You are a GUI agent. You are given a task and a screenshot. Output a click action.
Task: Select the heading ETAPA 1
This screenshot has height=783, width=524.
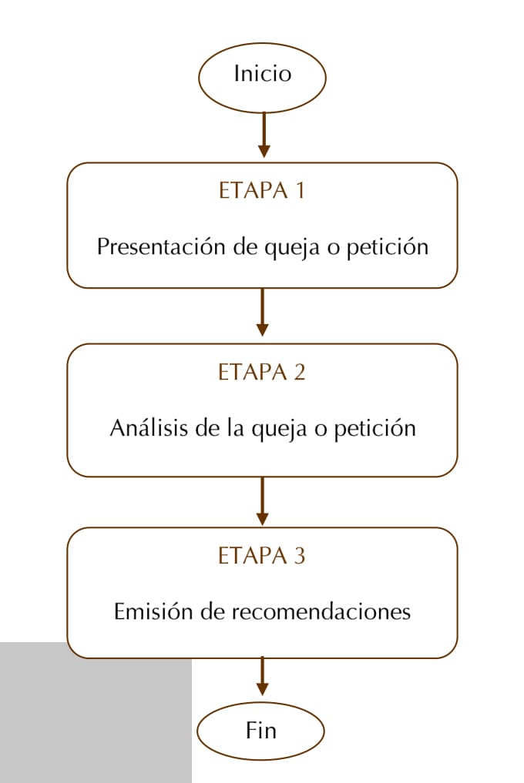261,190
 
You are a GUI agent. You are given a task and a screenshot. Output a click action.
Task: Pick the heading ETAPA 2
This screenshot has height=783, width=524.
261,372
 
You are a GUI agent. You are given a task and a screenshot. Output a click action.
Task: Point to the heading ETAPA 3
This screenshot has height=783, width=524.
261,555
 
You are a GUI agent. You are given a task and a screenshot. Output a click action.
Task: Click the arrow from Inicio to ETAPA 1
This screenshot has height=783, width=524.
264,135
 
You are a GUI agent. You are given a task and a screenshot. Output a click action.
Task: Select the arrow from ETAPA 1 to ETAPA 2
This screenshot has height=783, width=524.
262,312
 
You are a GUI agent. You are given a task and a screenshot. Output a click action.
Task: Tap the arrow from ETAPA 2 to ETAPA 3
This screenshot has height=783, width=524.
262,501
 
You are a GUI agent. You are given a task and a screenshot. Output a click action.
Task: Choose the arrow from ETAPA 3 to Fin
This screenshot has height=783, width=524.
262,677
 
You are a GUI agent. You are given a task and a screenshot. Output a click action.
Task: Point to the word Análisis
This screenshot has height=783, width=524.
149,428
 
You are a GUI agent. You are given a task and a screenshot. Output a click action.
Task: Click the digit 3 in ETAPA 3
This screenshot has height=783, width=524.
300,556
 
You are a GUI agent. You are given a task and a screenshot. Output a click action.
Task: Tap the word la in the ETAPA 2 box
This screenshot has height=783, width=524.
234,428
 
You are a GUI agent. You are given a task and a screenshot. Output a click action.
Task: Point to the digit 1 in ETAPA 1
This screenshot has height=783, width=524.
300,190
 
